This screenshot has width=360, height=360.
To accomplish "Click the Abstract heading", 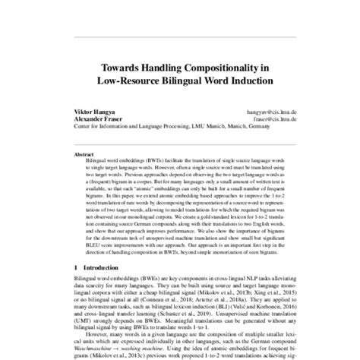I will click(74, 153).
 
